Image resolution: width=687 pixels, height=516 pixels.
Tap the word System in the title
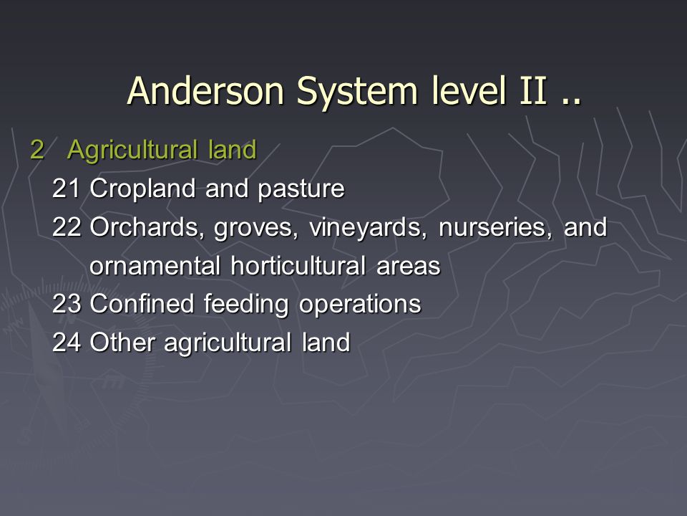(357, 93)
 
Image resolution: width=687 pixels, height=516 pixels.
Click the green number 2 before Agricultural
(37, 150)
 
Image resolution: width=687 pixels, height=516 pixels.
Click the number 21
(66, 188)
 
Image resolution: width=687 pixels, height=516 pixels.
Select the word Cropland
(142, 189)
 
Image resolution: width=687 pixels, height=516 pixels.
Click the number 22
(67, 227)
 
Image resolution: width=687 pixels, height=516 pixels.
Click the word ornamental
(155, 266)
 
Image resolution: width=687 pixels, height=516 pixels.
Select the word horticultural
(298, 265)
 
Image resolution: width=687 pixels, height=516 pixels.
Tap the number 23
(67, 304)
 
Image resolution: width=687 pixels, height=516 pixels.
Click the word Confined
(142, 303)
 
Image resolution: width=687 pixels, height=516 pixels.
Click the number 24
(67, 343)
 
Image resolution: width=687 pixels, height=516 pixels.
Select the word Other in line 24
(122, 342)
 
